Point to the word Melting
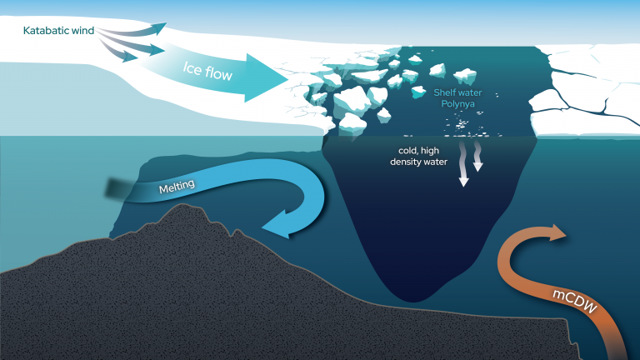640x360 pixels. click(x=177, y=188)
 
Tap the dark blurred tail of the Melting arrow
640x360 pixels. click(x=113, y=188)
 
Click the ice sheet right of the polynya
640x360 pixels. click(x=583, y=92)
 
